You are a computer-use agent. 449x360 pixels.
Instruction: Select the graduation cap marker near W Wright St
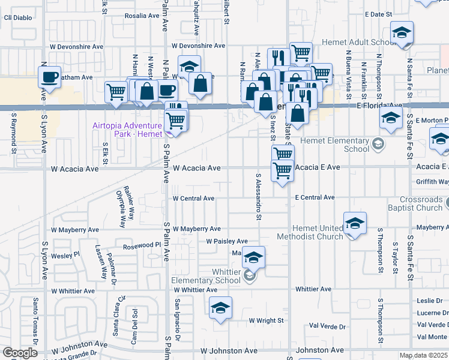coord(220,308)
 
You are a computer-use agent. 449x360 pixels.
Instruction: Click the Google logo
coord(20,353)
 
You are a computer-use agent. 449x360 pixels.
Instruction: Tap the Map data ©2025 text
coord(423,355)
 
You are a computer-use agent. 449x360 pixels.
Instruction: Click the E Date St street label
coord(378,14)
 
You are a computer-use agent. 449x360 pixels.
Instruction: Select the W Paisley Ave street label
coord(227,241)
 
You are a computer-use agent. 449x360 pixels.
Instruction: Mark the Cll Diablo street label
coord(17,17)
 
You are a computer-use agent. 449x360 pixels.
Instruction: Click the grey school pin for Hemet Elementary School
coord(378,143)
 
